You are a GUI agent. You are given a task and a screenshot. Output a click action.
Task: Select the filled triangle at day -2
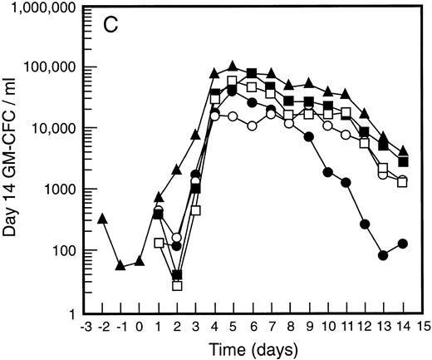pyautogui.click(x=101, y=219)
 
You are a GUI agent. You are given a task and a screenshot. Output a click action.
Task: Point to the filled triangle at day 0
pyautogui.click(x=140, y=262)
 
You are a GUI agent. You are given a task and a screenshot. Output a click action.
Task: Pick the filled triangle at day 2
pyautogui.click(x=177, y=170)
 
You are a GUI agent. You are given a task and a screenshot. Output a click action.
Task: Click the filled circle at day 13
pyautogui.click(x=383, y=255)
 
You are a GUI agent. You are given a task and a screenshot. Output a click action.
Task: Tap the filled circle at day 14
pyautogui.click(x=402, y=244)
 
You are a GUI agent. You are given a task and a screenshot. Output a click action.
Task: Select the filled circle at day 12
pyautogui.click(x=365, y=224)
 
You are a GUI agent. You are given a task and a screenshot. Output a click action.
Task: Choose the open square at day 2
pyautogui.click(x=177, y=285)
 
